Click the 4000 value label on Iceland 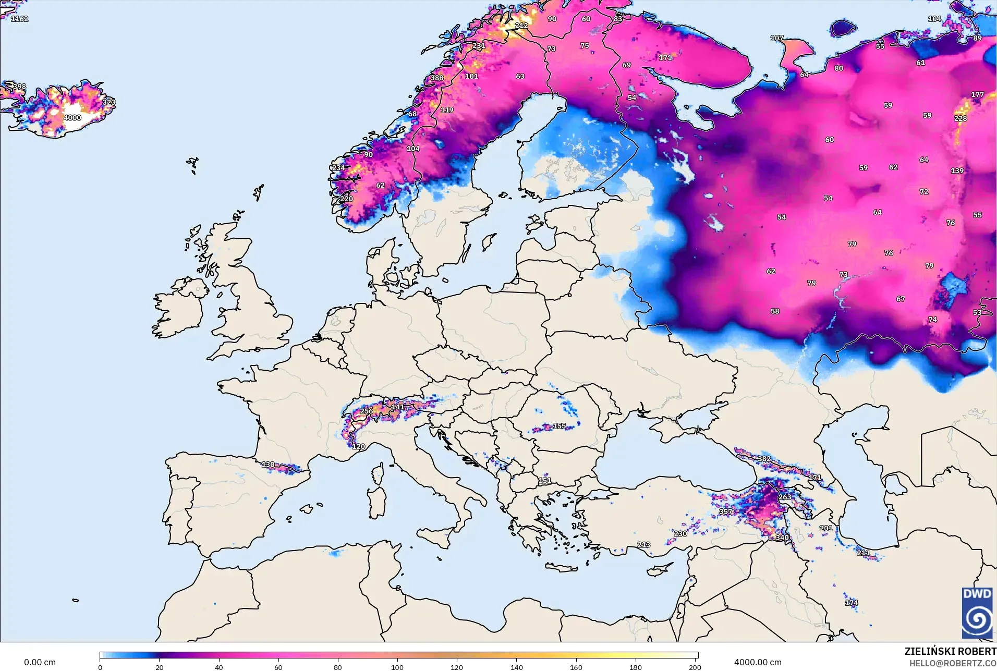(x=72, y=118)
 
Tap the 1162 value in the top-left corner (x=19, y=19)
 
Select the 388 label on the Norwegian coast (x=437, y=78)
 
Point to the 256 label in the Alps (x=367, y=411)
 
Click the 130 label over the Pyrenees (x=268, y=464)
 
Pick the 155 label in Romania (x=559, y=426)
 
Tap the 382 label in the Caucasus (x=764, y=459)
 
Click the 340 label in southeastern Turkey (x=782, y=538)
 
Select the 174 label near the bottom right (x=852, y=603)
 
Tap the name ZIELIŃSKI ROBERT (x=950, y=651)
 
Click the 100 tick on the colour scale (x=397, y=667)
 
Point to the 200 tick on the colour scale (x=695, y=667)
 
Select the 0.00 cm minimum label (x=40, y=662)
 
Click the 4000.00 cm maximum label (x=758, y=662)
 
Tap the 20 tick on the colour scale (x=160, y=667)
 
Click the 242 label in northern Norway (x=521, y=26)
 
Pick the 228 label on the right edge (x=960, y=118)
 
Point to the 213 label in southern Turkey (x=643, y=544)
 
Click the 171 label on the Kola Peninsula (x=665, y=58)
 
